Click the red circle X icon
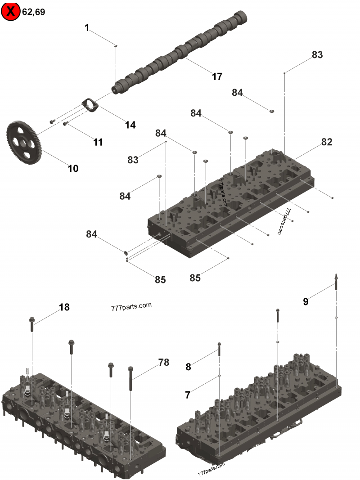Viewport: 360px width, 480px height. pos(11,12)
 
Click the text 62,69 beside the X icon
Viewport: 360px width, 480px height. pos(34,12)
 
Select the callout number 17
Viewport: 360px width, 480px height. pos(217,76)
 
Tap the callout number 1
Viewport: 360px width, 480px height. pos(87,28)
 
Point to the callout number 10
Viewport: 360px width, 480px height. pos(73,169)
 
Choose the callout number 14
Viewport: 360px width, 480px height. pos(130,125)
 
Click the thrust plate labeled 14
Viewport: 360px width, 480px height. pos(90,105)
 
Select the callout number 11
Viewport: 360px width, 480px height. pos(98,142)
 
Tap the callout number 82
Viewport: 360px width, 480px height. pos(327,142)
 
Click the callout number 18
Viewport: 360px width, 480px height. pos(64,307)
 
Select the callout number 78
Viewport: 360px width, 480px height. pos(163,363)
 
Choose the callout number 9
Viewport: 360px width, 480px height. pos(306,302)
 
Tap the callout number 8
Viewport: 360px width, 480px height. pos(188,367)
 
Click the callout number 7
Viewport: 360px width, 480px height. pos(188,395)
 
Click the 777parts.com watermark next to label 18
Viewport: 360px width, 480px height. pos(130,308)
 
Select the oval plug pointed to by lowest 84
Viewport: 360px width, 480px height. pos(126,254)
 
